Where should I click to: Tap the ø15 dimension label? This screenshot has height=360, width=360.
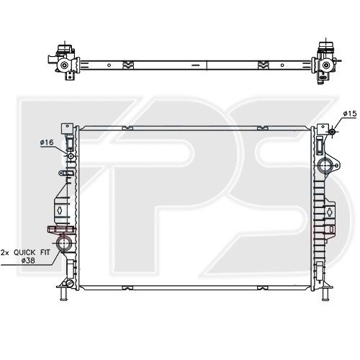point(350,113)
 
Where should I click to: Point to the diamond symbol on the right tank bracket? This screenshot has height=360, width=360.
point(329,211)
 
